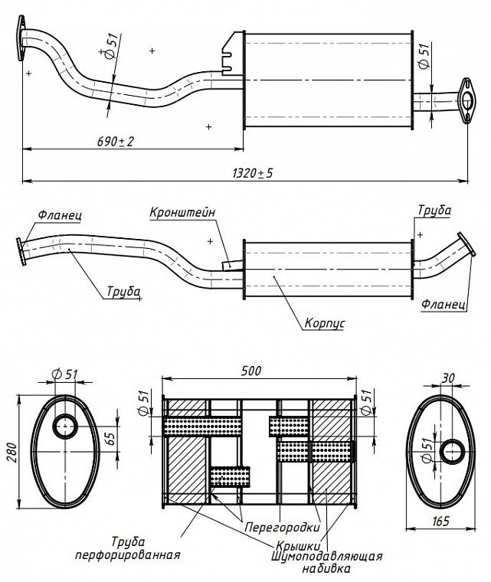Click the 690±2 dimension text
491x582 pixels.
[x=116, y=141]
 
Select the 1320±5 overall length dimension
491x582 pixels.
[x=253, y=173]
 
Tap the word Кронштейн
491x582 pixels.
[x=182, y=213]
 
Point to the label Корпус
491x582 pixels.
[x=324, y=323]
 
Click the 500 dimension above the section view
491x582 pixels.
[x=251, y=371]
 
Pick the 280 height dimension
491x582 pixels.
[x=12, y=452]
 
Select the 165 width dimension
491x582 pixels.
[x=440, y=522]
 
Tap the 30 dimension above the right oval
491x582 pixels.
[x=448, y=378]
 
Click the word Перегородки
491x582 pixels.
[x=283, y=527]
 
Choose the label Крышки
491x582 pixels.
[x=298, y=545]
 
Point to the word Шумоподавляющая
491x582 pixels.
[x=327, y=556]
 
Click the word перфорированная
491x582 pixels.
[x=128, y=555]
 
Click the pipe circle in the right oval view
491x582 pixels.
[x=452, y=451]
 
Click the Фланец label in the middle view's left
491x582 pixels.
[x=60, y=215]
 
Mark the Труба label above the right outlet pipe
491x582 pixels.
[x=434, y=210]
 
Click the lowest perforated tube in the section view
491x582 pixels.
[x=230, y=476]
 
